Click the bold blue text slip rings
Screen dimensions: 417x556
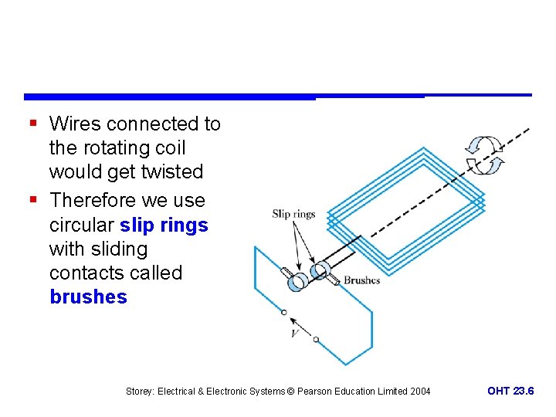point(164,225)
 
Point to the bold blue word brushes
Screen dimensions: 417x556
point(88,297)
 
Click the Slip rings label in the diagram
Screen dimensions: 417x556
point(293,214)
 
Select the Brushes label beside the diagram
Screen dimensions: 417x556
point(361,280)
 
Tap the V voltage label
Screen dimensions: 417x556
point(294,333)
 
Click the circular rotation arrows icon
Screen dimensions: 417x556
point(484,154)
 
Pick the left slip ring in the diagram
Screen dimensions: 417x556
point(297,282)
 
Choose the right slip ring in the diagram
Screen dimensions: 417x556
point(320,271)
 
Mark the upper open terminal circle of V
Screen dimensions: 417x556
point(283,313)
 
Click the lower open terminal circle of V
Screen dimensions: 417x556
point(316,340)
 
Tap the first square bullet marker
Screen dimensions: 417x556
point(32,124)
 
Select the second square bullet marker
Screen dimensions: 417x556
point(32,200)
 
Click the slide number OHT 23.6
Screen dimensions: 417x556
point(510,392)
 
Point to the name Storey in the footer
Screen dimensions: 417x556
point(140,392)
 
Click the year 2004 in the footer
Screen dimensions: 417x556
point(419,392)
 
